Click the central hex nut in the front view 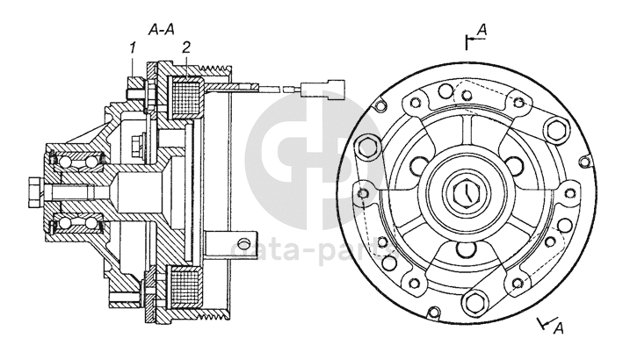click(465, 191)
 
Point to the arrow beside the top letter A click(469, 40)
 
